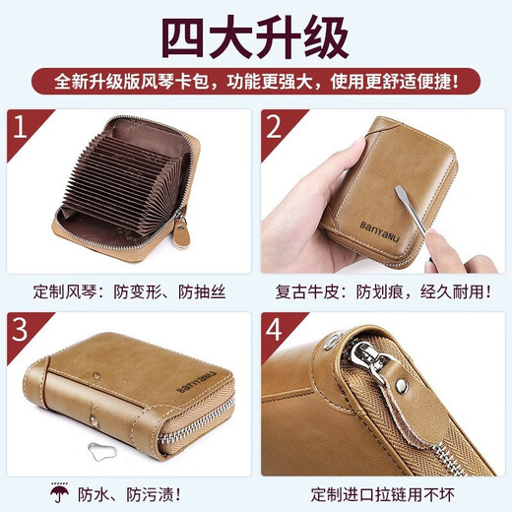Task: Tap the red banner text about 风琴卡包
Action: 255,78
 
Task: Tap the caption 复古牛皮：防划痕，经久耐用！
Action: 384,291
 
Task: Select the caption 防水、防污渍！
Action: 148,492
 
